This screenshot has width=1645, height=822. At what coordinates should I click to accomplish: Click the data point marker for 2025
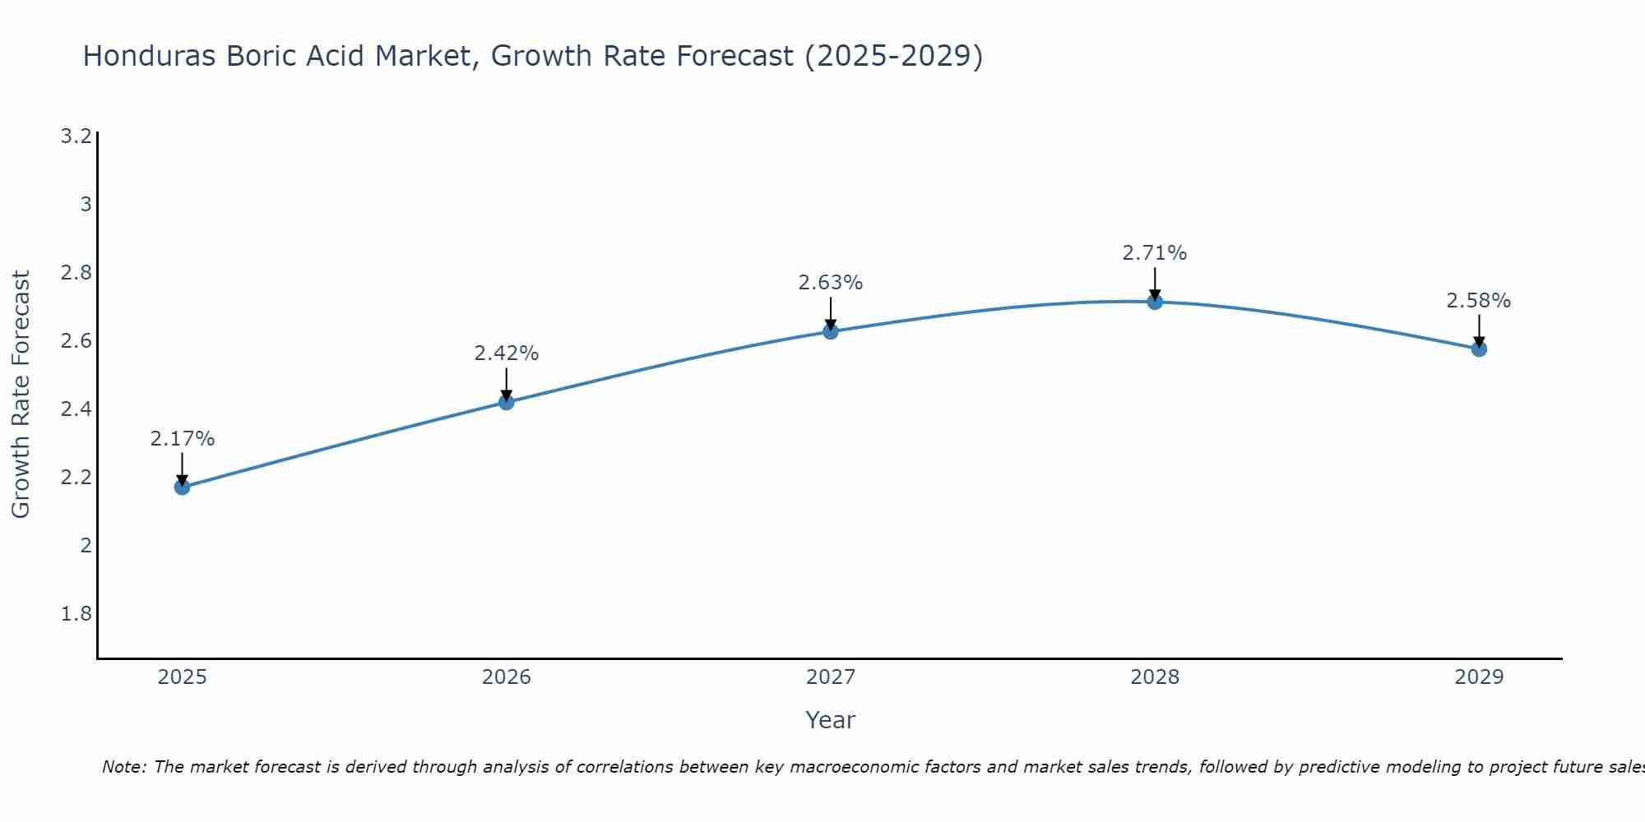coord(182,487)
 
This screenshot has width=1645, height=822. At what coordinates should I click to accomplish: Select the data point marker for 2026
coord(507,402)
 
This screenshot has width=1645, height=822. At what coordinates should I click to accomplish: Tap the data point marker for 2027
coord(831,331)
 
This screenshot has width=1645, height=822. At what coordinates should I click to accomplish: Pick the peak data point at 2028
coord(1155,302)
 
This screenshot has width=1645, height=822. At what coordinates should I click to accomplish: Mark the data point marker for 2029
coord(1479,349)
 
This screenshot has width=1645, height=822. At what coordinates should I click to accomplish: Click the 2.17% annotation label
coord(182,439)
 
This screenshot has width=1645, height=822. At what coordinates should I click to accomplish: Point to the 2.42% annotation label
coord(507,353)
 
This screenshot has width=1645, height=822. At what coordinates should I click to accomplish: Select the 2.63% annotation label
coord(831,283)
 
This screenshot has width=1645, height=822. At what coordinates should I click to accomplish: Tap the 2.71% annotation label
coord(1155,253)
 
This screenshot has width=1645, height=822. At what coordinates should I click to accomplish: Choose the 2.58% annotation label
coord(1479,301)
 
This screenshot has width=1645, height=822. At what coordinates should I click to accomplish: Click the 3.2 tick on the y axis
coord(76,136)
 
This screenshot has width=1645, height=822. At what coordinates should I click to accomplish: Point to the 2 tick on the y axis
coord(86,545)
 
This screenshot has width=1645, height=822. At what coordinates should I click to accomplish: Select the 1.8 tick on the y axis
coord(76,614)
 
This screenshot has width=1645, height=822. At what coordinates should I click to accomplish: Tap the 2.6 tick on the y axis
coord(76,340)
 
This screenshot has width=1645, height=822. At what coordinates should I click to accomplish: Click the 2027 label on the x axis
coord(831,677)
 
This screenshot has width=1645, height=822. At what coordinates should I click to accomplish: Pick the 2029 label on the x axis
coord(1479,677)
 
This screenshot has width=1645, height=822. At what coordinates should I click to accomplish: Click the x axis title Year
coord(831,720)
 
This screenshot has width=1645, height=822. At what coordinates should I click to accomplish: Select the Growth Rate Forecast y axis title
coord(21,395)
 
